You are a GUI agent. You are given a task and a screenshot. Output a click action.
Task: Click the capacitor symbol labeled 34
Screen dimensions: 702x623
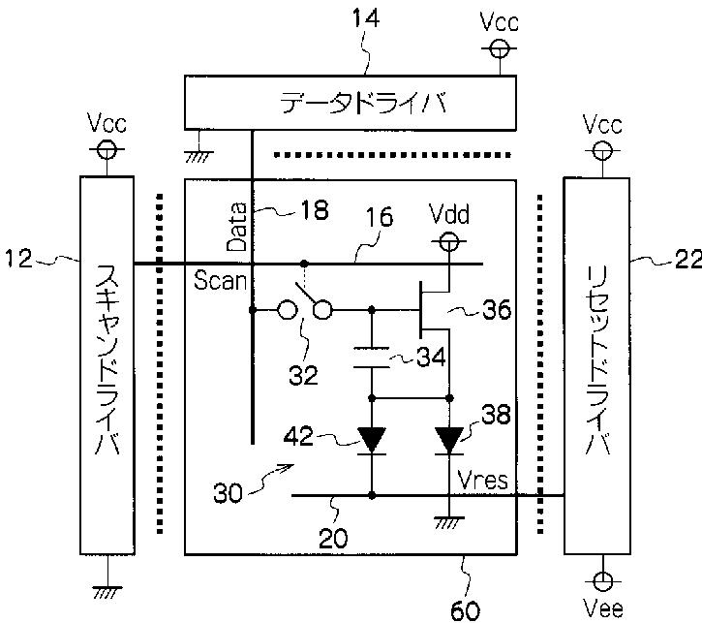[x=371, y=358]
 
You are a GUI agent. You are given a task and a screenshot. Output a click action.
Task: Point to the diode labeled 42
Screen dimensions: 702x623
[x=372, y=441]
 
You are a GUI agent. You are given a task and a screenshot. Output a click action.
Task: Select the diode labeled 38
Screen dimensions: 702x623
[x=449, y=441]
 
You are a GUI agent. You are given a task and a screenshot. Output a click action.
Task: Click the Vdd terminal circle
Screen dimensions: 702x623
[x=449, y=242]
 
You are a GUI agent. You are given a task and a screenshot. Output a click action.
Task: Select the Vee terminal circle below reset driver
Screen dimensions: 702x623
[x=602, y=581]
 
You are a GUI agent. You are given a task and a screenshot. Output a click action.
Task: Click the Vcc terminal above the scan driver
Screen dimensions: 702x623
[x=107, y=149]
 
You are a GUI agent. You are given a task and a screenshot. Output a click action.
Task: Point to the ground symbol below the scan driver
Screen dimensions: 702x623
[x=107, y=592]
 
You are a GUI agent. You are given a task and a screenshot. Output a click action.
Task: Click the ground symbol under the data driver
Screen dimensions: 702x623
[x=199, y=157]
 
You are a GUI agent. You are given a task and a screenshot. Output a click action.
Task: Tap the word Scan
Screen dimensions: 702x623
[x=220, y=281]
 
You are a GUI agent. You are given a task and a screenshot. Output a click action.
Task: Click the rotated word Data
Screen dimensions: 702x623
[x=237, y=227]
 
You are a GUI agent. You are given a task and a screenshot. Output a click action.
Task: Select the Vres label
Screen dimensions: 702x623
[x=483, y=481]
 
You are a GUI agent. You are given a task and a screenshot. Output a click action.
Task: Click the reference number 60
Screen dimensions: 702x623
[x=466, y=610]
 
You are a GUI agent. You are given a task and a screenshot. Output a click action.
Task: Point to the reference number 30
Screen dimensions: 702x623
[x=228, y=492]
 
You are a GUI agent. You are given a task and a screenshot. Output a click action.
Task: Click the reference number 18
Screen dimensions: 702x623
[x=315, y=209]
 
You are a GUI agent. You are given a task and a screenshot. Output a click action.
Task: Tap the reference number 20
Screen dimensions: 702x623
[x=333, y=538]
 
